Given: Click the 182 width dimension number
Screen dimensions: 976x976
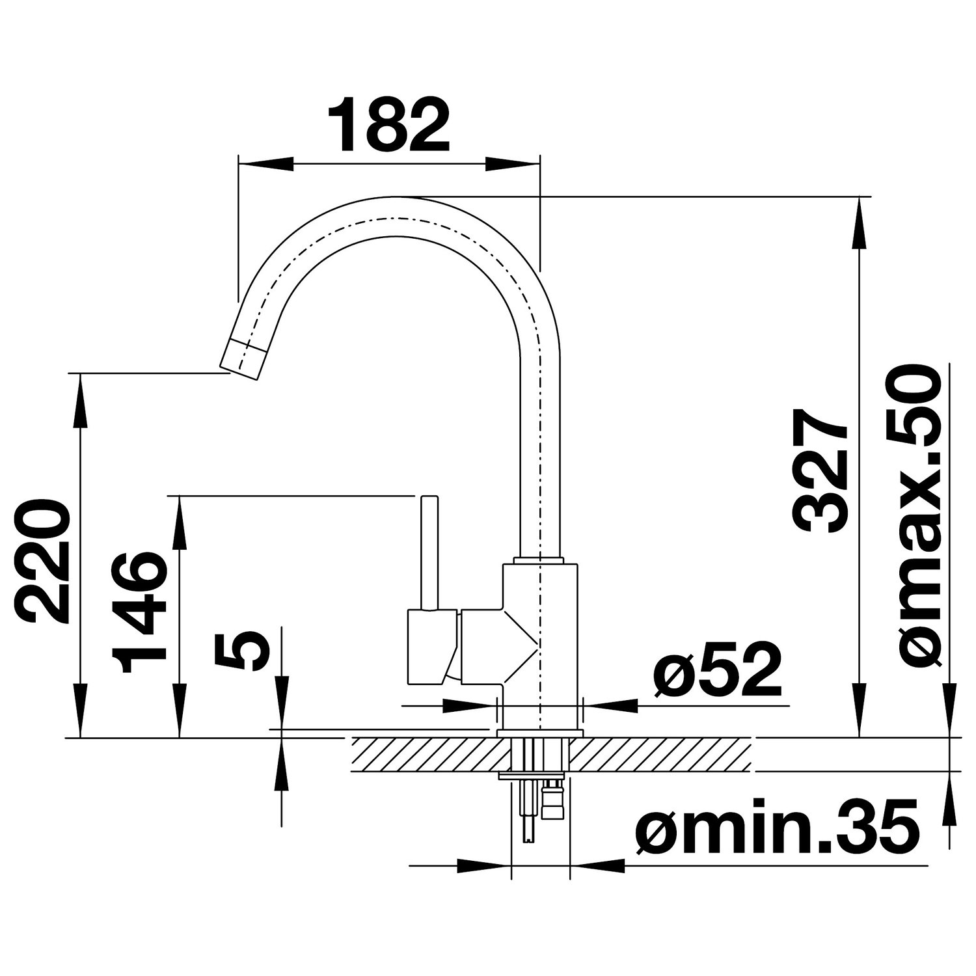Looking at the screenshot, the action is pyautogui.click(x=389, y=125).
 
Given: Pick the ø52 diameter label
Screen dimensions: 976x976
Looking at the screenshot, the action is pyautogui.click(x=717, y=671).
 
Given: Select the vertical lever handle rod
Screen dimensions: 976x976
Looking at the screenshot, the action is pyautogui.click(x=429, y=554).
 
